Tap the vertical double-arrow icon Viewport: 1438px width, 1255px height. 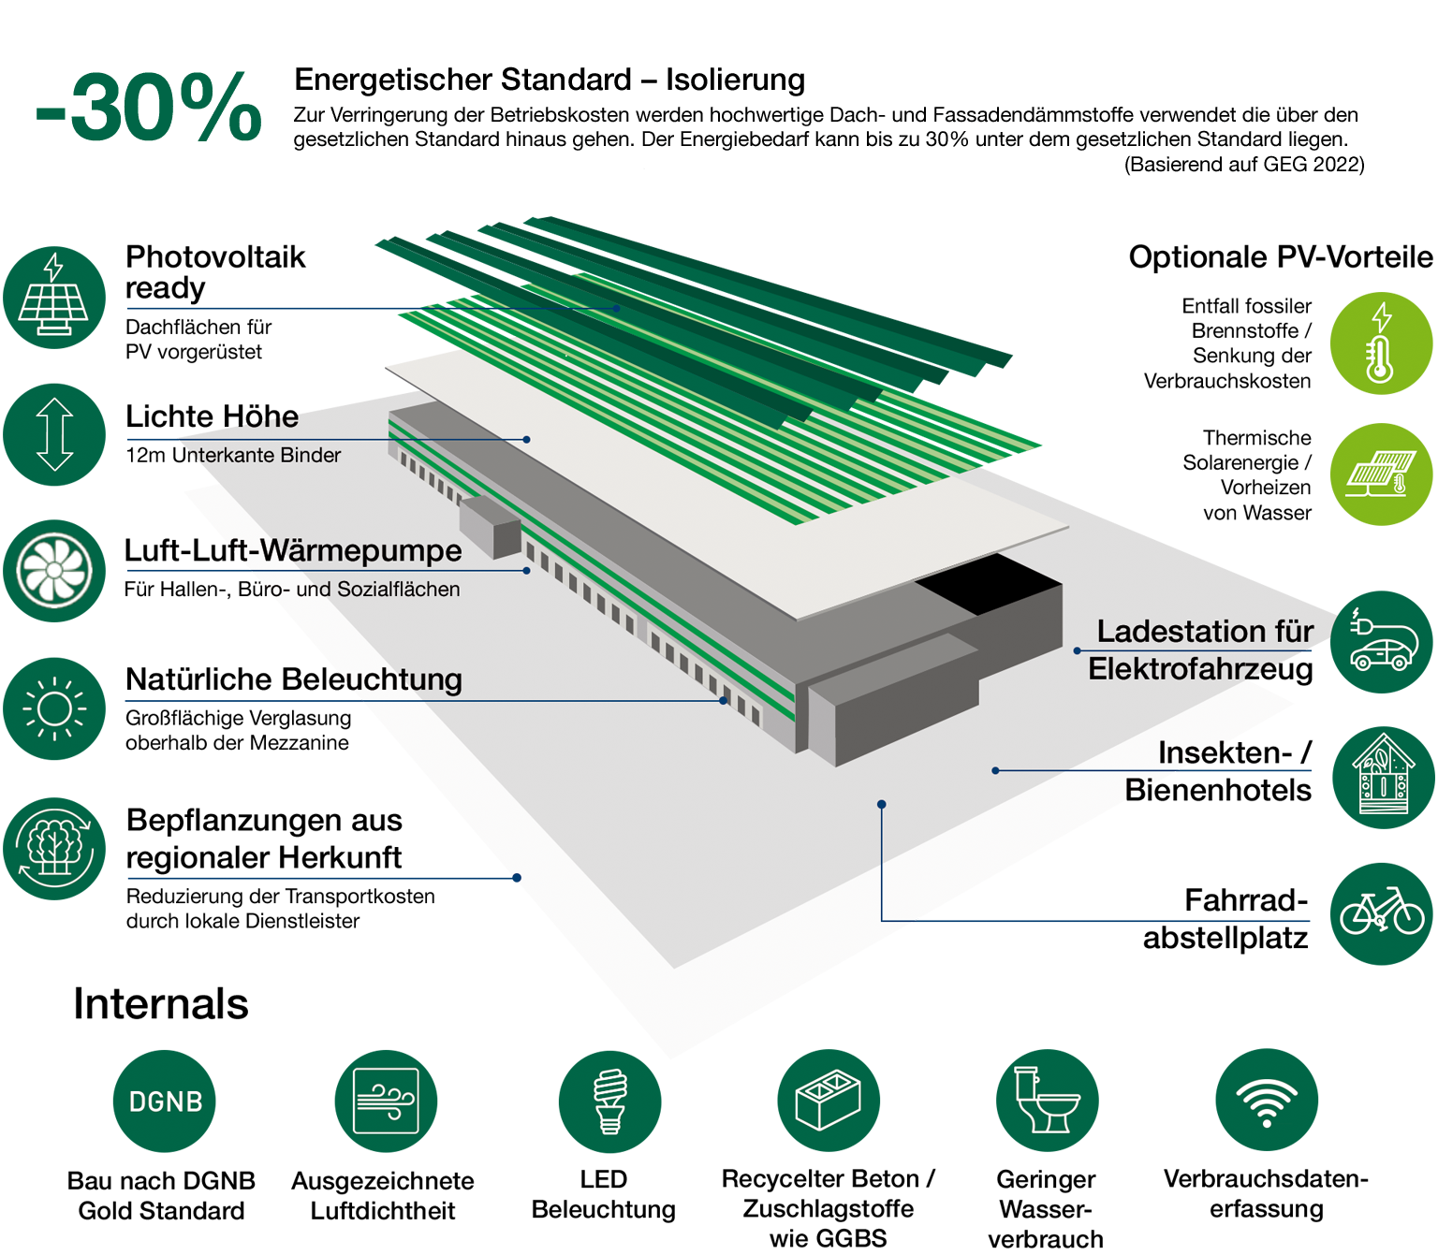coord(54,434)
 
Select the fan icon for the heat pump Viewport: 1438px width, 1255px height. coord(53,570)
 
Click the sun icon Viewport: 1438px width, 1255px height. coord(53,708)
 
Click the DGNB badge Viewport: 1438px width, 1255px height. coord(166,1102)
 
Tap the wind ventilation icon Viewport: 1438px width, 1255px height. coord(386,1101)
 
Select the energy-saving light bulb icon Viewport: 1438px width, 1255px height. coord(609,1102)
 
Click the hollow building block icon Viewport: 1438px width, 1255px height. coord(828,1101)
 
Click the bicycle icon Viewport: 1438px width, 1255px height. coord(1382,912)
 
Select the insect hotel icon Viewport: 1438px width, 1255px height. coord(1382,775)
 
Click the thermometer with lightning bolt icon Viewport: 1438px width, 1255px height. coord(1380,342)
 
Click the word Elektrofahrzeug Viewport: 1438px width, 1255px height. coord(1201,669)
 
